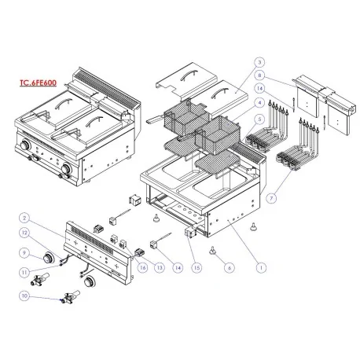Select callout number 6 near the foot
point(228,267)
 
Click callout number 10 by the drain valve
point(25,296)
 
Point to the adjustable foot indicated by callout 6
point(214,250)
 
